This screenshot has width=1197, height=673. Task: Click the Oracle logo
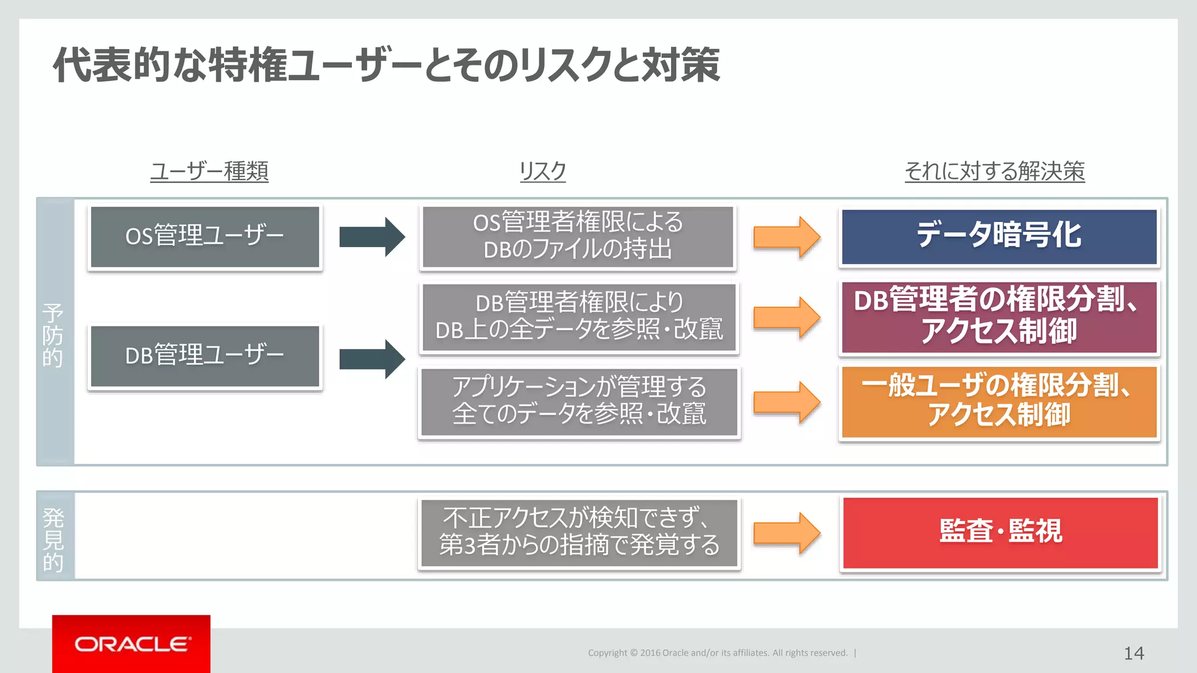(x=131, y=644)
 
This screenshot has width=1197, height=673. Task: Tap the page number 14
(x=1133, y=653)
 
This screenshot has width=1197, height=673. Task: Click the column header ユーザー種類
(x=209, y=171)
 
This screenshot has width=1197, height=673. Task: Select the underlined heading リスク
(x=542, y=171)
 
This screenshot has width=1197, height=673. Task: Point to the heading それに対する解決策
(x=994, y=171)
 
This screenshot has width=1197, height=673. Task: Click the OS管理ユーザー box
(x=205, y=237)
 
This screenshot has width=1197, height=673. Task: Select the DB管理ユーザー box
(x=205, y=356)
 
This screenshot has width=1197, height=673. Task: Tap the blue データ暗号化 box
(x=999, y=237)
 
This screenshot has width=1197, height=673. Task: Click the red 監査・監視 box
(x=1000, y=532)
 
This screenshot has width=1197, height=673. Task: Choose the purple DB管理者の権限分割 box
(x=999, y=317)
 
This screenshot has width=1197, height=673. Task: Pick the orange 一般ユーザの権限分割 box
(x=999, y=402)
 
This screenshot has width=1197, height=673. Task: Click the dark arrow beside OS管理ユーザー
(x=372, y=237)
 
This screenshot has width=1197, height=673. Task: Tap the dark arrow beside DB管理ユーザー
(x=372, y=359)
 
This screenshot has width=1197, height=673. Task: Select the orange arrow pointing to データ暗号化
(x=787, y=237)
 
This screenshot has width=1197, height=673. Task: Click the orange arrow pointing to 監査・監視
(x=787, y=533)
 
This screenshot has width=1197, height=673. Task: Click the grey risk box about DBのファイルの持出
(x=577, y=237)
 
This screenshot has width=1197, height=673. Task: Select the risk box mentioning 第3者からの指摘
(x=579, y=532)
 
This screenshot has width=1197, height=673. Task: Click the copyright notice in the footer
(x=718, y=653)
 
